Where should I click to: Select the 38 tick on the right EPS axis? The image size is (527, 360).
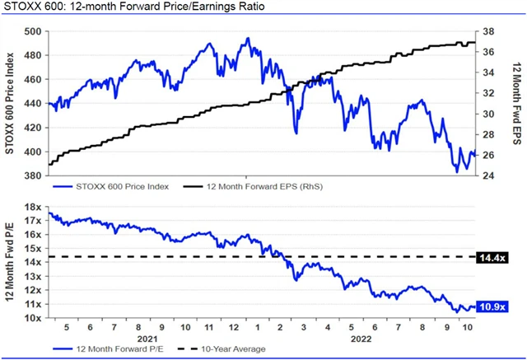(487, 31)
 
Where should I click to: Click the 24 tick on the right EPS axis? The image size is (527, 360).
(487, 176)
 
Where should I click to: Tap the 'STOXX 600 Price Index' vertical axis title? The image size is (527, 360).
(11, 103)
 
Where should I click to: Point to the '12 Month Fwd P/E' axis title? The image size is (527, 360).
(11, 263)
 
